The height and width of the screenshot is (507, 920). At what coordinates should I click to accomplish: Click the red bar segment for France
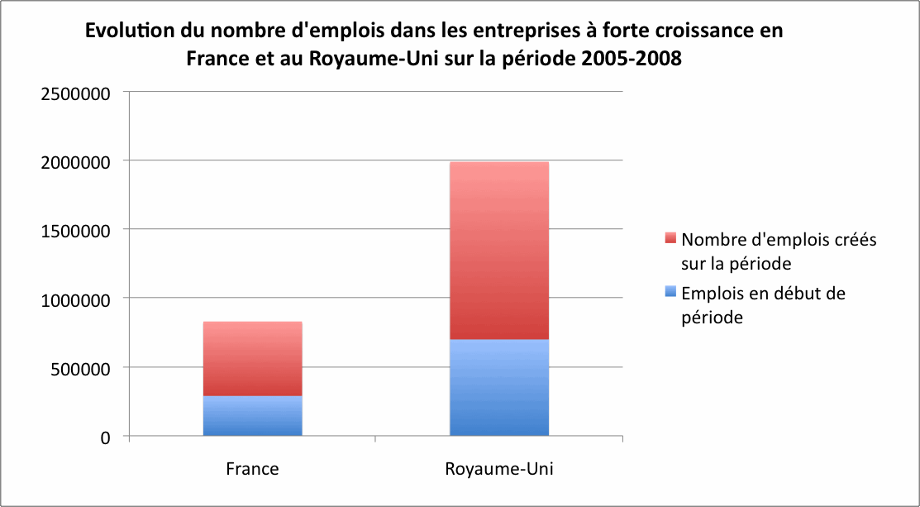(252, 359)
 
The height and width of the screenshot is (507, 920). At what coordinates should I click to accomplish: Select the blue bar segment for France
(252, 416)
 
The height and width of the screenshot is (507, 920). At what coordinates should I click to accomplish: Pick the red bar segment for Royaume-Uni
(499, 251)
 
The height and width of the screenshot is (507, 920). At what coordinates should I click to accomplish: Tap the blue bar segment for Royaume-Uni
(499, 388)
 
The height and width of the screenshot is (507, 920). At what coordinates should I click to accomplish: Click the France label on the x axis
(252, 469)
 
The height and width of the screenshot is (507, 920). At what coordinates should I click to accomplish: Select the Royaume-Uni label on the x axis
(499, 469)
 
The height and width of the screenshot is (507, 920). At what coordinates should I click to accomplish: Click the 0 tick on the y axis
(104, 437)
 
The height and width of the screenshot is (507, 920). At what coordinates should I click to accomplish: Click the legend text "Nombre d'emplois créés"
(778, 240)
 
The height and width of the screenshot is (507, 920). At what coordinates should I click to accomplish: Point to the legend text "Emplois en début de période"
(763, 304)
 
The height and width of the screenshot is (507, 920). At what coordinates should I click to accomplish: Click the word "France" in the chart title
(214, 60)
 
